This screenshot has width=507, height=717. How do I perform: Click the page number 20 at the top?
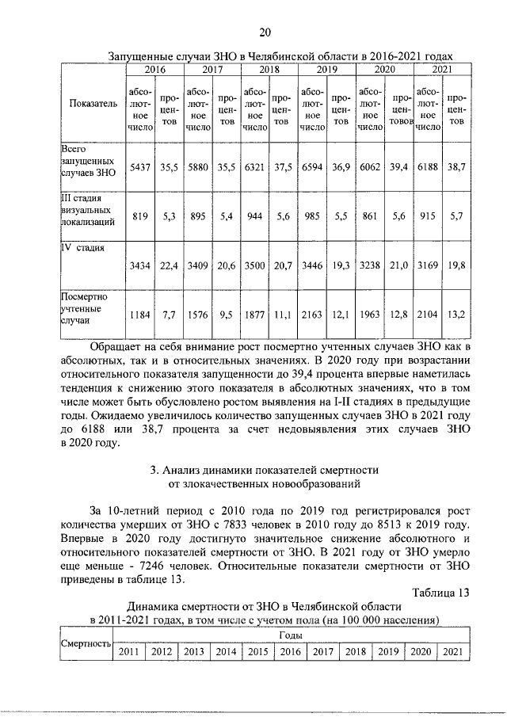point(265,32)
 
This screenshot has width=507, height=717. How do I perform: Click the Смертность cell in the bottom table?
point(86,643)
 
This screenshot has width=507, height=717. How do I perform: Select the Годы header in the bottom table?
point(290,635)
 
